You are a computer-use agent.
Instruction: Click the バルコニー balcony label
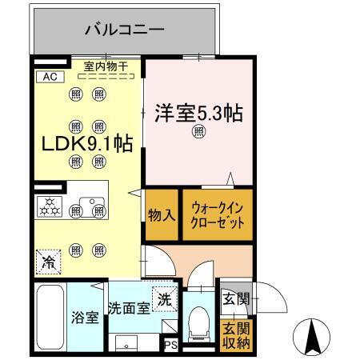click(125, 31)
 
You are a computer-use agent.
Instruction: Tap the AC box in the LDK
click(47, 78)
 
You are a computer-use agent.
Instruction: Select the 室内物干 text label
click(107, 67)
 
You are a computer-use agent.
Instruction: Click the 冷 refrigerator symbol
click(48, 261)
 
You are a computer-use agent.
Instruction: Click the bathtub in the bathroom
click(50, 316)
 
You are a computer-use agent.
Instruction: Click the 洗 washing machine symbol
click(163, 299)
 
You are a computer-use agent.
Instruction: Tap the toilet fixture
click(198, 323)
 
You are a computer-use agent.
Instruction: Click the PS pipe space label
click(170, 345)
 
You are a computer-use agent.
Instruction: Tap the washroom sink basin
click(126, 342)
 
